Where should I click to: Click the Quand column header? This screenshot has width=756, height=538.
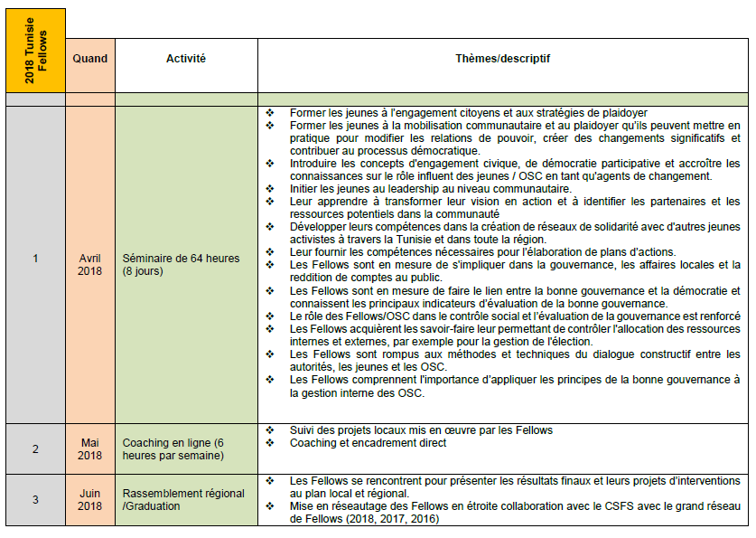tap(89, 59)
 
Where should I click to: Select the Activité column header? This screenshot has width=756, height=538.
tap(185, 59)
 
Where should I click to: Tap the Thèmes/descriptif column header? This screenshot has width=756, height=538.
tap(503, 59)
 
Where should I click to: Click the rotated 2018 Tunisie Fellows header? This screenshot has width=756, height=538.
tap(35, 51)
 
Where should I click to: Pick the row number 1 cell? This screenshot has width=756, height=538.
tap(35, 259)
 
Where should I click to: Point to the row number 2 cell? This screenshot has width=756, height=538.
tap(35, 449)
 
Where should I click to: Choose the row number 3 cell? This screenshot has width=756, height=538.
tap(35, 499)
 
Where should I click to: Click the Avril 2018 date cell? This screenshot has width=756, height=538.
tap(89, 264)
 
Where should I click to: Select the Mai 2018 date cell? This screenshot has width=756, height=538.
tap(89, 449)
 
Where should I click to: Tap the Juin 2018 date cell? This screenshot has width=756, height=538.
tap(89, 499)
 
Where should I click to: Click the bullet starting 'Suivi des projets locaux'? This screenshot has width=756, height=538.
tap(421, 430)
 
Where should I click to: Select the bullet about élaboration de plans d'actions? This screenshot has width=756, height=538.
tap(482, 251)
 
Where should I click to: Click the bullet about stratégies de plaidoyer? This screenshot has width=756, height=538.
tap(462, 112)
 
